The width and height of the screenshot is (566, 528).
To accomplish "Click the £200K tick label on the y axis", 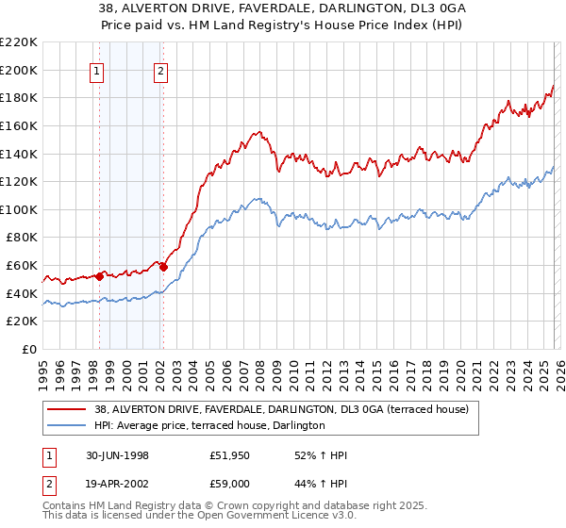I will point(19,70).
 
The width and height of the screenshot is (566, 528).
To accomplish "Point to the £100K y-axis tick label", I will point(19,209).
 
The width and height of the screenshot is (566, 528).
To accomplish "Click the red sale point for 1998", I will point(100,276).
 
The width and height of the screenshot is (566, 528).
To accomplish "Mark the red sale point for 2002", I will point(163,267).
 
